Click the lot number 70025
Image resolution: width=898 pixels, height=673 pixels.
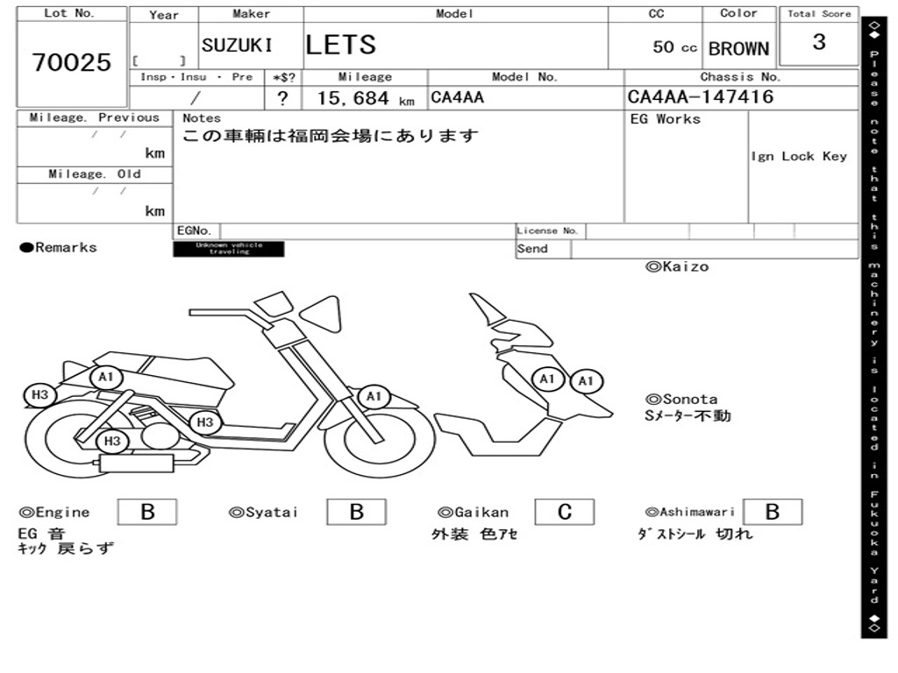point(72,62)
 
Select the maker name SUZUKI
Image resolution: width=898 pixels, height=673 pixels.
point(237,46)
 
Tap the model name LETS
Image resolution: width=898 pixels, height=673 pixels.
point(340,45)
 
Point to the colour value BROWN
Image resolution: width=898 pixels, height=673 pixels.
point(738,49)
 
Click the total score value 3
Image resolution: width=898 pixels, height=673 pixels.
point(818,43)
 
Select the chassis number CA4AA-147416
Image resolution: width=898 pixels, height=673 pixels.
point(701,97)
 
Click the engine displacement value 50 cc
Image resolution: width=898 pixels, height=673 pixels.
point(674,47)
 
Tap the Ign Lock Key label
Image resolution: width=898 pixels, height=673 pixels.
point(799,157)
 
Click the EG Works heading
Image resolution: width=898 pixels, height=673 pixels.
point(666,119)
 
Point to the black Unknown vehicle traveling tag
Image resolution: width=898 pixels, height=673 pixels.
point(229,249)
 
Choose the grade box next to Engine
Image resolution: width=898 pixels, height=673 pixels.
point(147,512)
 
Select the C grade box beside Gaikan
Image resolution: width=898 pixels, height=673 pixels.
point(565,512)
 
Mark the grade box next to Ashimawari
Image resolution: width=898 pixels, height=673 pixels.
point(773,512)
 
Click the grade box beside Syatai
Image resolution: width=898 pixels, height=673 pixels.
point(356,512)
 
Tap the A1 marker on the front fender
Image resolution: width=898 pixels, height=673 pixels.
point(374,397)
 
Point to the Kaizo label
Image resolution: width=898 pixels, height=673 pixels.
point(677,267)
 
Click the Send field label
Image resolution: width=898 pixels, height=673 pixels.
point(532,249)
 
